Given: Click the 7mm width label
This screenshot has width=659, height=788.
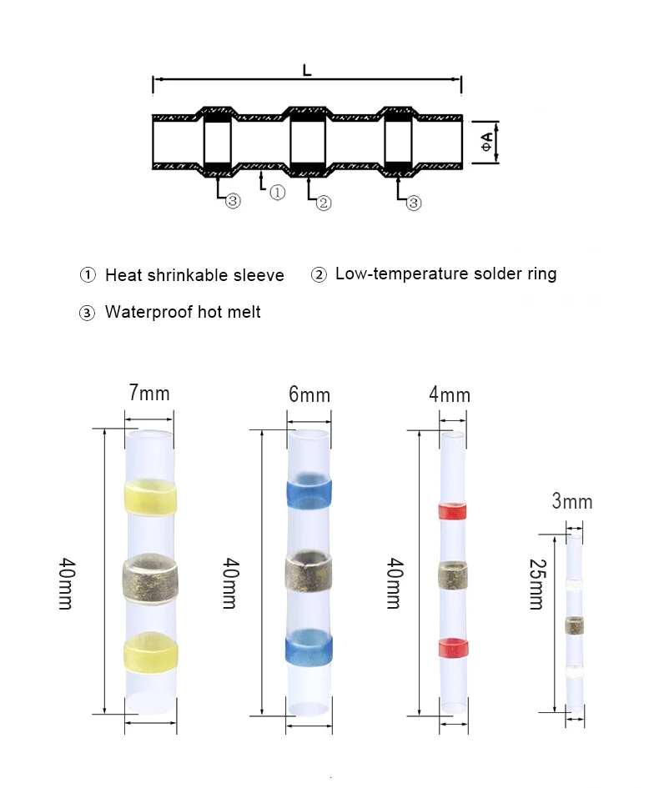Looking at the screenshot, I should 150,392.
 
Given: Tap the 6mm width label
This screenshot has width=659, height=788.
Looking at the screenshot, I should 309,394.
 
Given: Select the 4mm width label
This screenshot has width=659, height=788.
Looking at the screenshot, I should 450,394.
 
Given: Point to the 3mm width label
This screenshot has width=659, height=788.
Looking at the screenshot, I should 572,501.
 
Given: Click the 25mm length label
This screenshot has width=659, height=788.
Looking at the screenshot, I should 536,584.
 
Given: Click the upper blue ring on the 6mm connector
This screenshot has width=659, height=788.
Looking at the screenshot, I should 309,492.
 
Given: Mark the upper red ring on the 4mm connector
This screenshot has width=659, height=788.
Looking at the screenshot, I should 452,511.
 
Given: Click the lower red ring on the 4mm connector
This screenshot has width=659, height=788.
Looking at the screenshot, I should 452,646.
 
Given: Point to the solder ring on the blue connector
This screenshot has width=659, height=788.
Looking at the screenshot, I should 309,571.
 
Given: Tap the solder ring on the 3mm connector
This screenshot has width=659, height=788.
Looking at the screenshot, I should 574,625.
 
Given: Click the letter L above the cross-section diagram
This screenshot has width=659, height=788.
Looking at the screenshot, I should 307,72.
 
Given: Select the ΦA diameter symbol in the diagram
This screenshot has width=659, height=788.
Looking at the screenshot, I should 487,140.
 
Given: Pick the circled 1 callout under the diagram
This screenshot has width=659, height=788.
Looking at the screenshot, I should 278,193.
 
